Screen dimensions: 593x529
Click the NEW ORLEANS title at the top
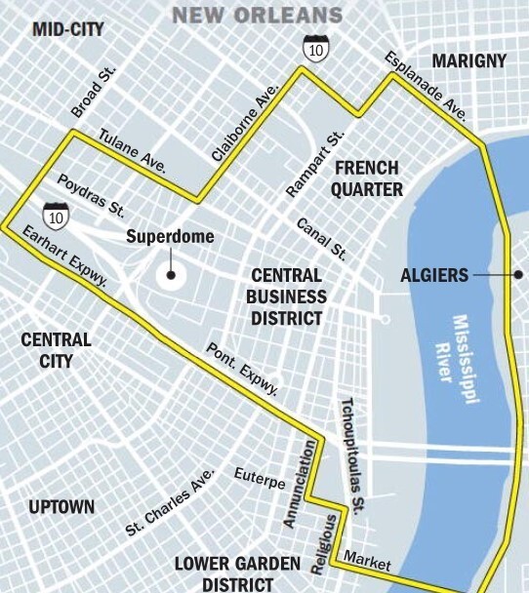258,15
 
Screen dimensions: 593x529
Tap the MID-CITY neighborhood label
68,28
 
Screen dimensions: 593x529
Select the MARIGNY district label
469,61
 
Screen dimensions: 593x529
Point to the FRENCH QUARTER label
367,178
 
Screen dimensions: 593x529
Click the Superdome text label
170,237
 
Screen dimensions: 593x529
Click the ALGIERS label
434,275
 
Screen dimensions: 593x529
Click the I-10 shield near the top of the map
314,49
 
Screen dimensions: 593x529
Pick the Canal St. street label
321,238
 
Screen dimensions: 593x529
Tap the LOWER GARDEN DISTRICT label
224,573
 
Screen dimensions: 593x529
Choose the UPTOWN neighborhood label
61,506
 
